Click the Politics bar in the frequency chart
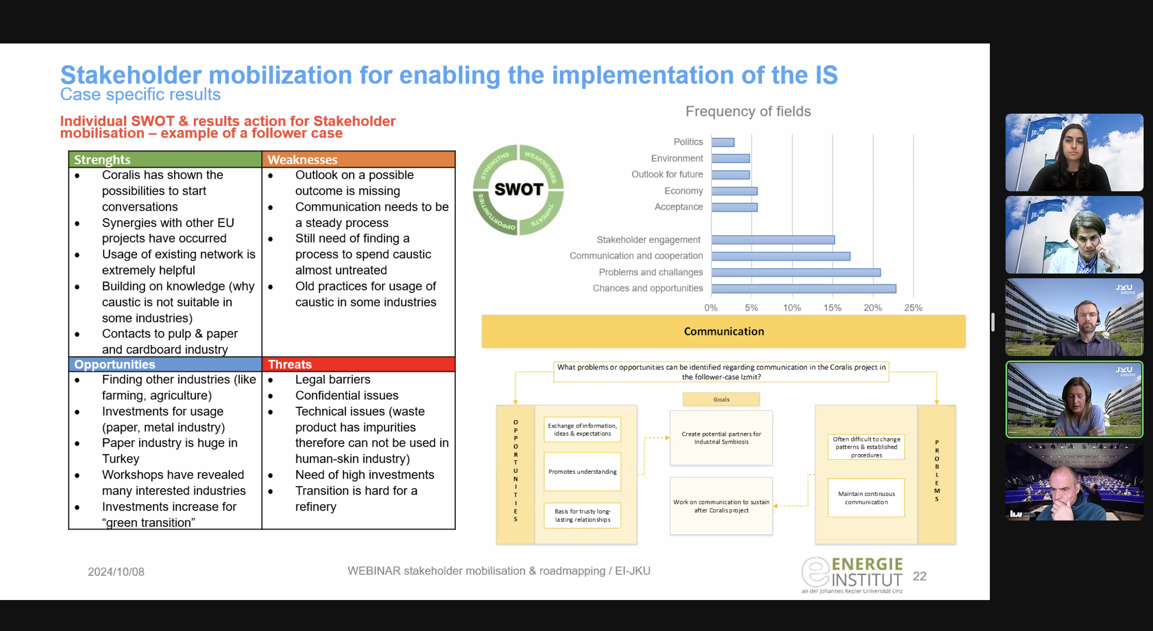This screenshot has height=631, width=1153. (x=723, y=142)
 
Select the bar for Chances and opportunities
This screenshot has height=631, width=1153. (x=804, y=288)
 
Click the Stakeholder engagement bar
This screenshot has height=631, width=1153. (x=773, y=240)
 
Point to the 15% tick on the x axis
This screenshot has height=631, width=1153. (x=832, y=308)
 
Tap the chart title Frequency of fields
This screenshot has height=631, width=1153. (x=748, y=111)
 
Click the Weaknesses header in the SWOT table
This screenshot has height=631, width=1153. (x=358, y=159)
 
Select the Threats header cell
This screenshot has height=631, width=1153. (x=358, y=364)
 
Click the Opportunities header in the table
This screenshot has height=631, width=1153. (x=165, y=364)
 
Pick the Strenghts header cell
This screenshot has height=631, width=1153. (x=165, y=159)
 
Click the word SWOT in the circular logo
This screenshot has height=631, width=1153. (x=518, y=189)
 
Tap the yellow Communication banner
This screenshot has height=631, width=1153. (x=723, y=332)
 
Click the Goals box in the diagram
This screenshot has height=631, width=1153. (x=721, y=399)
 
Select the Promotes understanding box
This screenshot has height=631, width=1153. (x=582, y=472)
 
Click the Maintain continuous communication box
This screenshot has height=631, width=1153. (x=866, y=498)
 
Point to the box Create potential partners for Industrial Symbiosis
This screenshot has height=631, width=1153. (x=721, y=438)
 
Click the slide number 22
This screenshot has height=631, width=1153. (x=919, y=576)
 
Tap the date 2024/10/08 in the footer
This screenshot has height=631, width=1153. (x=116, y=571)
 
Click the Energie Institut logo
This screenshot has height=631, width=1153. (x=852, y=575)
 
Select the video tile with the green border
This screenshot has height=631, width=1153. (x=1074, y=399)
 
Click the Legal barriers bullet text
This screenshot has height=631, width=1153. (x=333, y=379)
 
